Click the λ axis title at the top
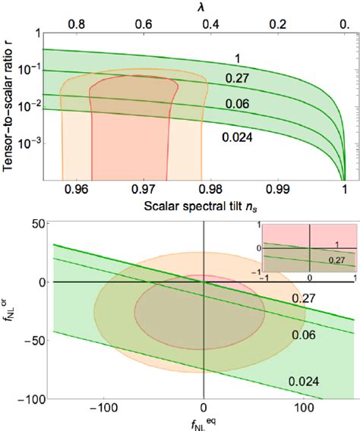[201, 7]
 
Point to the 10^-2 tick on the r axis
[24, 105]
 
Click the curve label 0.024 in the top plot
[238, 137]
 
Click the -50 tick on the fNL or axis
[30, 340]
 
